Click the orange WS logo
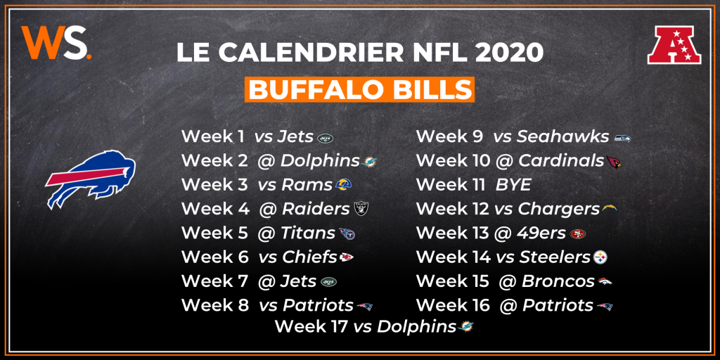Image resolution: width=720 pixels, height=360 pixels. tap(56, 42)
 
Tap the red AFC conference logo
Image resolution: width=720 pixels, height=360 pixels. tap(674, 44)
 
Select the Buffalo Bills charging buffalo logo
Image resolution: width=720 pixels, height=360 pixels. tap(90, 179)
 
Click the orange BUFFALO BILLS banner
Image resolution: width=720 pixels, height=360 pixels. tap(359, 89)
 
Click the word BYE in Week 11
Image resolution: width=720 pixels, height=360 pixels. tap(513, 185)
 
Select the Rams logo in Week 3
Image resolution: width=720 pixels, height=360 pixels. tap(343, 185)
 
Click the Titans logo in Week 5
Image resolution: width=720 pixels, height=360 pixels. tap(347, 234)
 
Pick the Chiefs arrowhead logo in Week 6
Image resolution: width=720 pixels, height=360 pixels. tap(346, 257)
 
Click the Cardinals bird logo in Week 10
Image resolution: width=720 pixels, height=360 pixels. tap(613, 161)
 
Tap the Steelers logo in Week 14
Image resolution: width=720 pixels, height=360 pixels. tap(600, 258)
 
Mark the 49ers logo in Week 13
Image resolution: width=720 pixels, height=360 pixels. tap(578, 234)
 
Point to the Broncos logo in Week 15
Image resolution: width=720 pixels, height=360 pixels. tap(605, 282)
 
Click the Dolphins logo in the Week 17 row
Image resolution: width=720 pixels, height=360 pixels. tap(465, 327)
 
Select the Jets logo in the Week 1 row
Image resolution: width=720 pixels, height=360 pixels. tap(325, 138)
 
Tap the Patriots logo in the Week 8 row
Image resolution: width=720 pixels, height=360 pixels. tap(365, 307)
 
